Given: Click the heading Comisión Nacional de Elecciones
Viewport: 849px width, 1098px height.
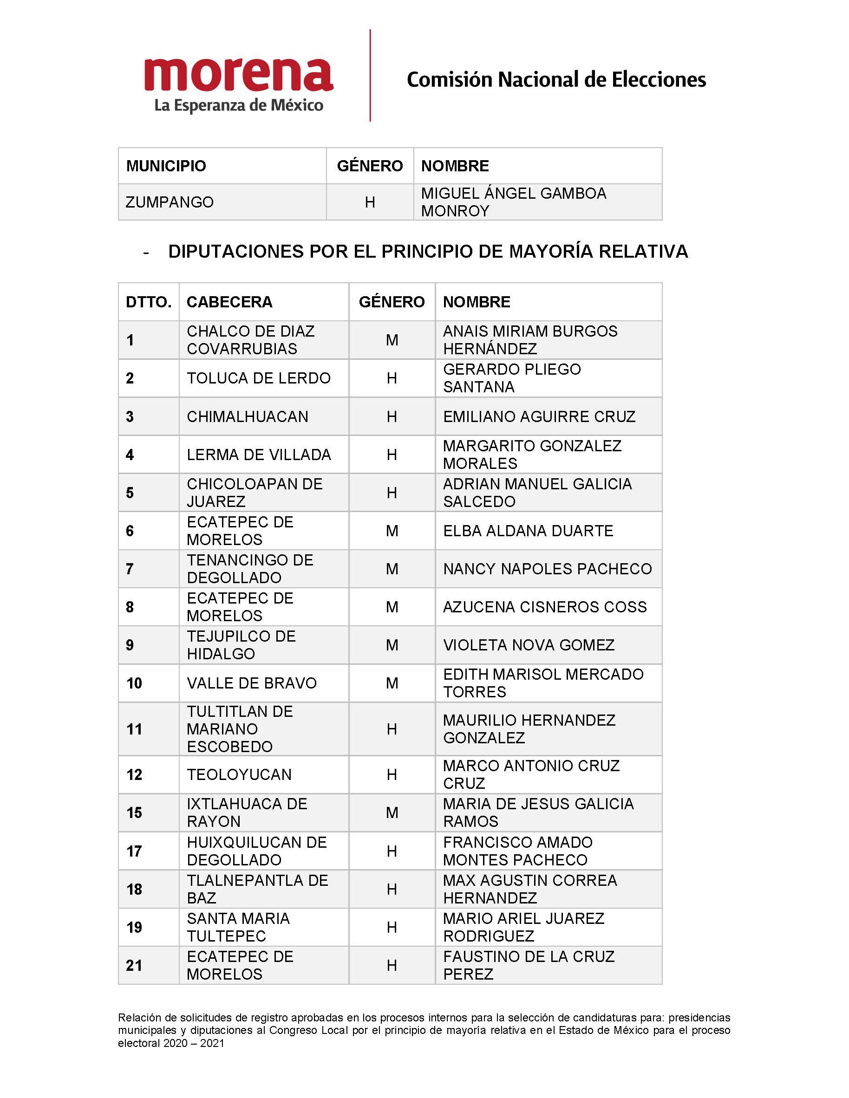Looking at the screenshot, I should click(x=556, y=80).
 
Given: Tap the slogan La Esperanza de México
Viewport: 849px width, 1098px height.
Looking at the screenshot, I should click(x=238, y=105).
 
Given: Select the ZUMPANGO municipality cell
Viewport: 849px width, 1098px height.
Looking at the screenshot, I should click(x=170, y=202).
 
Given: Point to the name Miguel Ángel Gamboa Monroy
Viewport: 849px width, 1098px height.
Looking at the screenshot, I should click(x=513, y=201).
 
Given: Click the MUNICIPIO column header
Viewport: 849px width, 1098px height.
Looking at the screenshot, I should click(x=166, y=166).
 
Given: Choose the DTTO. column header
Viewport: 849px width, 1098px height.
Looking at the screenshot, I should click(x=148, y=302).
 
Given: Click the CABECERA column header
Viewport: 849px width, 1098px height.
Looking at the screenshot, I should click(x=229, y=302).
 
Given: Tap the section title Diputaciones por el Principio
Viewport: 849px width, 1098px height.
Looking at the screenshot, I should click(x=427, y=251).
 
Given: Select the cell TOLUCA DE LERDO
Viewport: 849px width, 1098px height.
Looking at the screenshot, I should click(x=259, y=378).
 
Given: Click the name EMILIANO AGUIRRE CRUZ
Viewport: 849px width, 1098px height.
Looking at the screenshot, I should click(x=539, y=416).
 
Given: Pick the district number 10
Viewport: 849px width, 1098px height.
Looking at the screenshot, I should click(x=134, y=683).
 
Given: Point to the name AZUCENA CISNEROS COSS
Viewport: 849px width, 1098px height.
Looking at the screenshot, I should click(x=545, y=607).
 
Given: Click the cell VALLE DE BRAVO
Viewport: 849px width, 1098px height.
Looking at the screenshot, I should click(x=251, y=683).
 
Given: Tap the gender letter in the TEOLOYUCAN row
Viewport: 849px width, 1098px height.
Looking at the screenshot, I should click(x=392, y=775).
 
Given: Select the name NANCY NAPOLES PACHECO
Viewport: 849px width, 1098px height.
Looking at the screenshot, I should click(x=547, y=569).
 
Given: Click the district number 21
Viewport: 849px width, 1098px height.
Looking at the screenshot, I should click(x=134, y=965).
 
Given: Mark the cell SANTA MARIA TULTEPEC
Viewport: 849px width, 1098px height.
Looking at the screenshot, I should click(x=238, y=927).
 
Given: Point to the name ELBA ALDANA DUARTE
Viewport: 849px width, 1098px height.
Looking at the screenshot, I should click(x=528, y=530).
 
